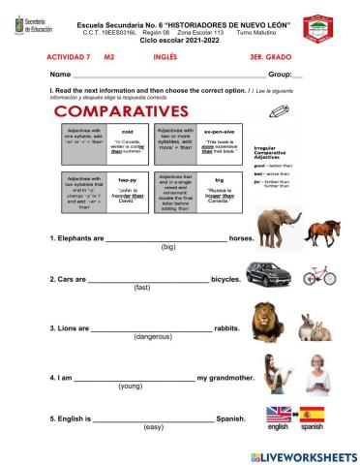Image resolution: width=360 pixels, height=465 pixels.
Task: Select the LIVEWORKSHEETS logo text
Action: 303,455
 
